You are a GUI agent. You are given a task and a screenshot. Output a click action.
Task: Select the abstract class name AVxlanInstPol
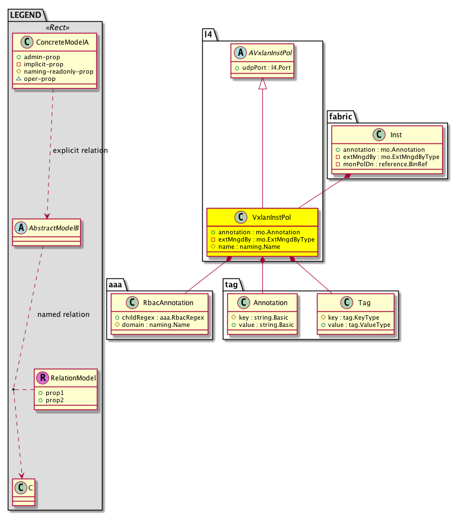pyautogui.click(x=268, y=54)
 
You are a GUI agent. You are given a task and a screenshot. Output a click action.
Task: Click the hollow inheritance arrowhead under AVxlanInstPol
pyautogui.click(x=262, y=84)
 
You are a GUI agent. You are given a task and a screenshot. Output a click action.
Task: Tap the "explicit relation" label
pyautogui.click(x=80, y=151)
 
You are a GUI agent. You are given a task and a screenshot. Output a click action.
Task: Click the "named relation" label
pyautogui.click(x=63, y=315)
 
